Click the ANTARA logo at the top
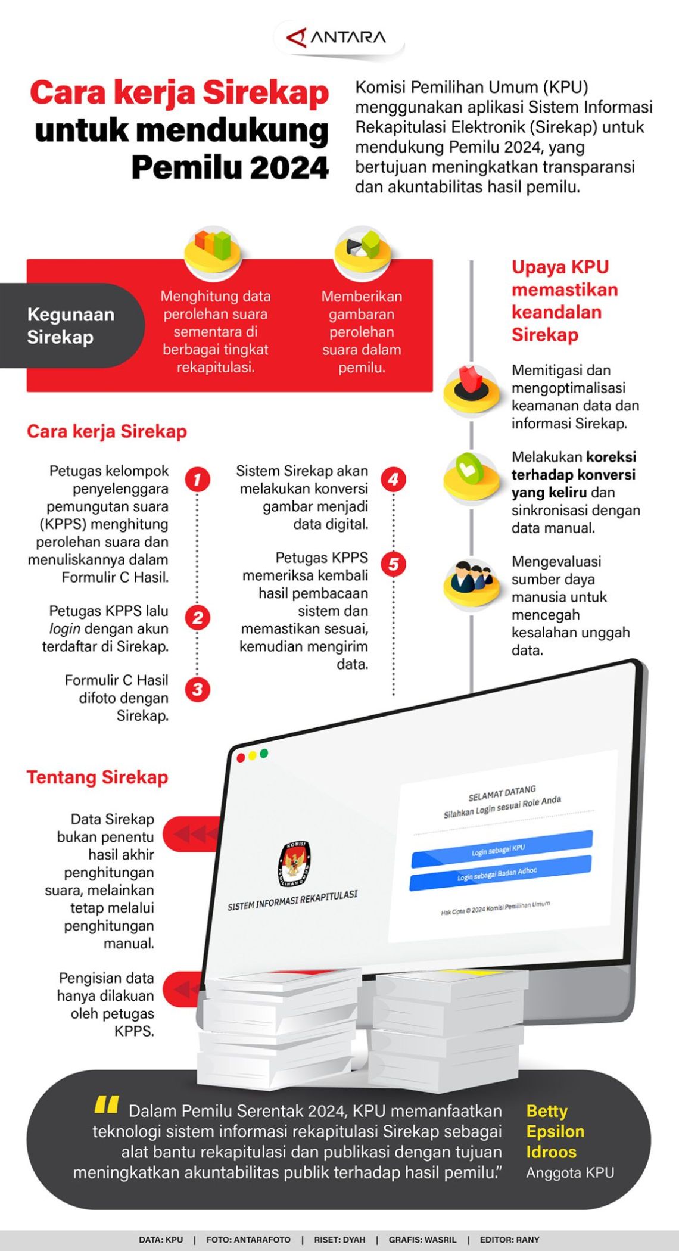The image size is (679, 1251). [x=337, y=38]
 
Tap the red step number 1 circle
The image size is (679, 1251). [x=197, y=480]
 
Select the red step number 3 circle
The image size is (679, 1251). [x=197, y=689]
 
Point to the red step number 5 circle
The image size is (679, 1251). [x=393, y=564]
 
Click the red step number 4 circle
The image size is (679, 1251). [x=393, y=480]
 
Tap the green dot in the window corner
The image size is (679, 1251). [x=264, y=754]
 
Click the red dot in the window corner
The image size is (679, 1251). [x=241, y=758]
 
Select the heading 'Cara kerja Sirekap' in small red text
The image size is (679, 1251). [x=107, y=431]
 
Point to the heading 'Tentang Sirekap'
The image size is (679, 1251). [x=97, y=777]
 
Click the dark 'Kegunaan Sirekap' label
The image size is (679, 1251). [x=70, y=326]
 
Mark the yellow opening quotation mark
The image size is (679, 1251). [x=107, y=1105]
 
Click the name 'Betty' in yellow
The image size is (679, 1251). [x=547, y=1112]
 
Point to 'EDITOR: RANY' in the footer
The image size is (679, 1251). [x=509, y=1240]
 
